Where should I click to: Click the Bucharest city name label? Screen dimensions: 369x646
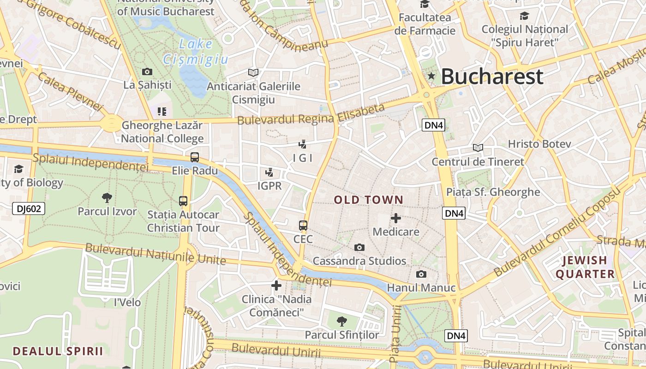(492, 77)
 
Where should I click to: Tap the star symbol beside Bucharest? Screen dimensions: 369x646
(431, 76)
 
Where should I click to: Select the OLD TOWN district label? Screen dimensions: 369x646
(369, 200)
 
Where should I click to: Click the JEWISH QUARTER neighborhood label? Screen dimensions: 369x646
(585, 268)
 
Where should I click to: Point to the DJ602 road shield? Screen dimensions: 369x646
(29, 208)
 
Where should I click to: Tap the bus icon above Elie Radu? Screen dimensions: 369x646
(195, 157)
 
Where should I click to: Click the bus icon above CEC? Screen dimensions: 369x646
(303, 226)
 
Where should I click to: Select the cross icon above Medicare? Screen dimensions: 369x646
(396, 218)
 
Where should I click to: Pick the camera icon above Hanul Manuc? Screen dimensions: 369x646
(421, 274)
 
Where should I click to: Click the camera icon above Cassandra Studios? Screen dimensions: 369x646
(359, 248)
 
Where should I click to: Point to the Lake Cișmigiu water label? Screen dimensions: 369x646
(196, 52)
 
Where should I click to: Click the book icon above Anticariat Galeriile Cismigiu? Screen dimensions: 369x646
(253, 72)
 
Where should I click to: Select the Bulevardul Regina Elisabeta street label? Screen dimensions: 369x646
(311, 114)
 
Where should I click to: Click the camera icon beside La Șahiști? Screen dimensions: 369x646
(147, 71)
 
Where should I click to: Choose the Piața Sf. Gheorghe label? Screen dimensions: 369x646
(493, 192)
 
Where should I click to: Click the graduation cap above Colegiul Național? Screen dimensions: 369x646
(525, 16)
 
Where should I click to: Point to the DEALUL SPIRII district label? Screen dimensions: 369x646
(58, 351)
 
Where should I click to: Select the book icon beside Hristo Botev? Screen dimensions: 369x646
(478, 148)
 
